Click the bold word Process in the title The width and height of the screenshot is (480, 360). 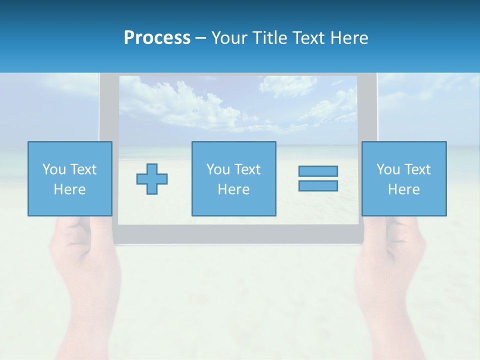[x=157, y=38]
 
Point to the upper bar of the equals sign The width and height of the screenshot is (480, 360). [x=318, y=171]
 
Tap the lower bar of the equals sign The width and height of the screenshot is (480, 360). [x=318, y=185]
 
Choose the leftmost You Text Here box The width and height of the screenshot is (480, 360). [x=70, y=178]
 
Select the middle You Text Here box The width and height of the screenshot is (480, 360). [x=233, y=178]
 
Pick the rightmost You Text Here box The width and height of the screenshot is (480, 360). [x=404, y=178]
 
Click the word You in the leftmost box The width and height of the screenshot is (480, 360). [x=53, y=169]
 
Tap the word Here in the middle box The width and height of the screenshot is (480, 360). [x=233, y=189]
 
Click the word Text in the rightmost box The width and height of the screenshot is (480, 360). [x=418, y=169]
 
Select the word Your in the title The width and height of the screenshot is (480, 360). [x=228, y=38]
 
